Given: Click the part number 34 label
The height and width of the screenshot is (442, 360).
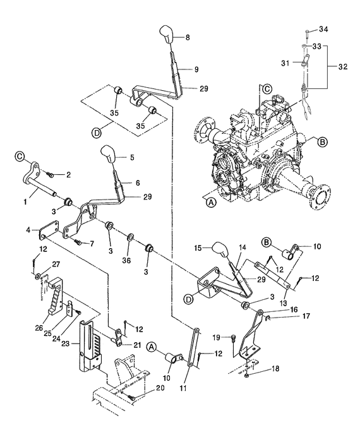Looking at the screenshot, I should tap(324, 29).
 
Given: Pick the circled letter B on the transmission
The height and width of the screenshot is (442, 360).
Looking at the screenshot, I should tap(322, 143).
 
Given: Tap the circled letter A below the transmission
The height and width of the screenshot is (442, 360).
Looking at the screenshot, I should tap(210, 203).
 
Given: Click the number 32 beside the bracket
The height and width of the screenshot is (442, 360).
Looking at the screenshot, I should tap(342, 64).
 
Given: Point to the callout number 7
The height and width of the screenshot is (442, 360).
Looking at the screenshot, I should tap(92, 243).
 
